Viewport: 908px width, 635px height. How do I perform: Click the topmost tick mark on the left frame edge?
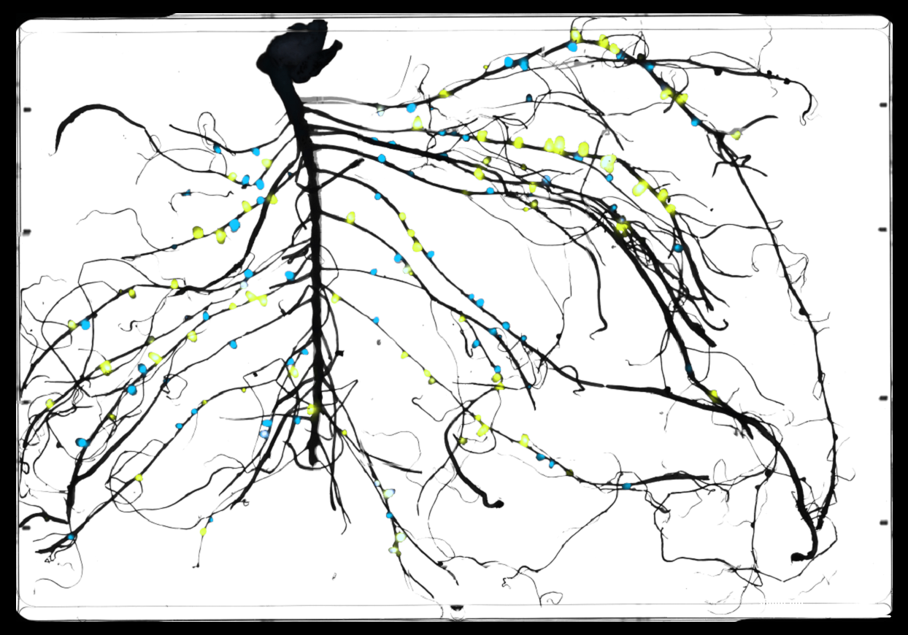27,110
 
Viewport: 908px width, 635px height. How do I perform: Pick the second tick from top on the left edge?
27,232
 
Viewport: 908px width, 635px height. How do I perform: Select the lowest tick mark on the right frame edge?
883,523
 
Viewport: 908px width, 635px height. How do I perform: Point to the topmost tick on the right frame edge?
883,106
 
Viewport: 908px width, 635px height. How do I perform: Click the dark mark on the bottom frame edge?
457,607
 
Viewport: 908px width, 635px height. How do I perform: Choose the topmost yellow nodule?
575,34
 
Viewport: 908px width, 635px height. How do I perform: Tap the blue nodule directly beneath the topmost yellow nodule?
572,47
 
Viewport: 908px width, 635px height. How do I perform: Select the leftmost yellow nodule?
50,404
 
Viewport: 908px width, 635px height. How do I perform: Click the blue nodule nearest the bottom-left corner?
72,537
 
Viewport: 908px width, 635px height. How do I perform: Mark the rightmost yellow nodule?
736,134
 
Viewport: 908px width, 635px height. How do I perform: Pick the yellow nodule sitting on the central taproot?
313,409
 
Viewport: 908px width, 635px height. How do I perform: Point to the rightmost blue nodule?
695,122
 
